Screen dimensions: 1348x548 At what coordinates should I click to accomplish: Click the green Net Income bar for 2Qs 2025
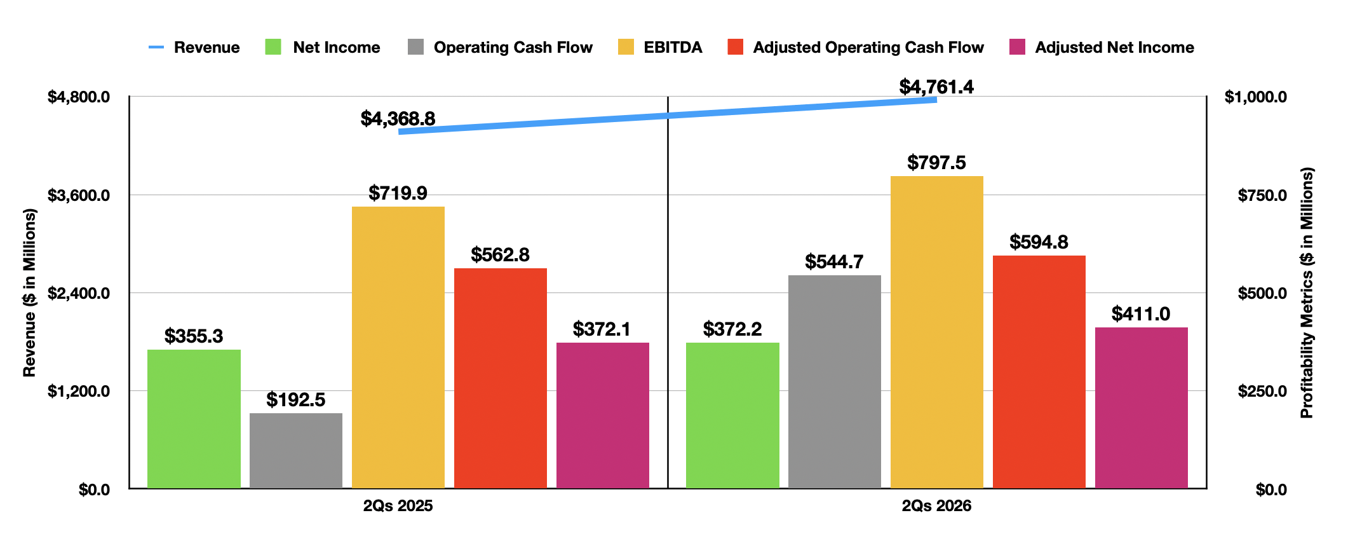(194, 419)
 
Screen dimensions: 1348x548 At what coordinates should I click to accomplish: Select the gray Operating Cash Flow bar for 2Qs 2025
(296, 451)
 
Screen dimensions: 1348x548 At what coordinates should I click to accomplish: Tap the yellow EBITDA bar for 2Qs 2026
(937, 332)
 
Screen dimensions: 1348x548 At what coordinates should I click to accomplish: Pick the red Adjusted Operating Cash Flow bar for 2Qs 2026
(1039, 372)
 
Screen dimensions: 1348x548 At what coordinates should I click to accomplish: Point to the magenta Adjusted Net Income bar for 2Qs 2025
(603, 415)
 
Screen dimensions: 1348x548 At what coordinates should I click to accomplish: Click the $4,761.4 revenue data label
(936, 86)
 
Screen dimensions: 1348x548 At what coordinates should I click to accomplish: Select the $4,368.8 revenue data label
(398, 118)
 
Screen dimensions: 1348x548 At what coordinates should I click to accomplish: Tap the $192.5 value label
(296, 399)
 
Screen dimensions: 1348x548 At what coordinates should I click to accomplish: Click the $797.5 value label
(936, 162)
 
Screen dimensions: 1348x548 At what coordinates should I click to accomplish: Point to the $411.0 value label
(1141, 313)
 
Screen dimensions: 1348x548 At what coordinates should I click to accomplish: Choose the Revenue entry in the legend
(194, 47)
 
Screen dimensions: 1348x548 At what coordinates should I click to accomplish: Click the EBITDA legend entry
(660, 47)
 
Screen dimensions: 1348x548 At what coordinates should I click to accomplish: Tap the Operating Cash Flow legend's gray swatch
(415, 47)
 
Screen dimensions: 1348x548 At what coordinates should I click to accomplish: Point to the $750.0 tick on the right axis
(1262, 195)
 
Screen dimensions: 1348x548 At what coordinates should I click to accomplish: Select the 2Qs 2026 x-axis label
(936, 506)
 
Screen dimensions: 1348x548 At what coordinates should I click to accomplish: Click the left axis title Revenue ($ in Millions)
(29, 293)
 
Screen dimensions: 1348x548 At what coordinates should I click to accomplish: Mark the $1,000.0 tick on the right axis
(1256, 97)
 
